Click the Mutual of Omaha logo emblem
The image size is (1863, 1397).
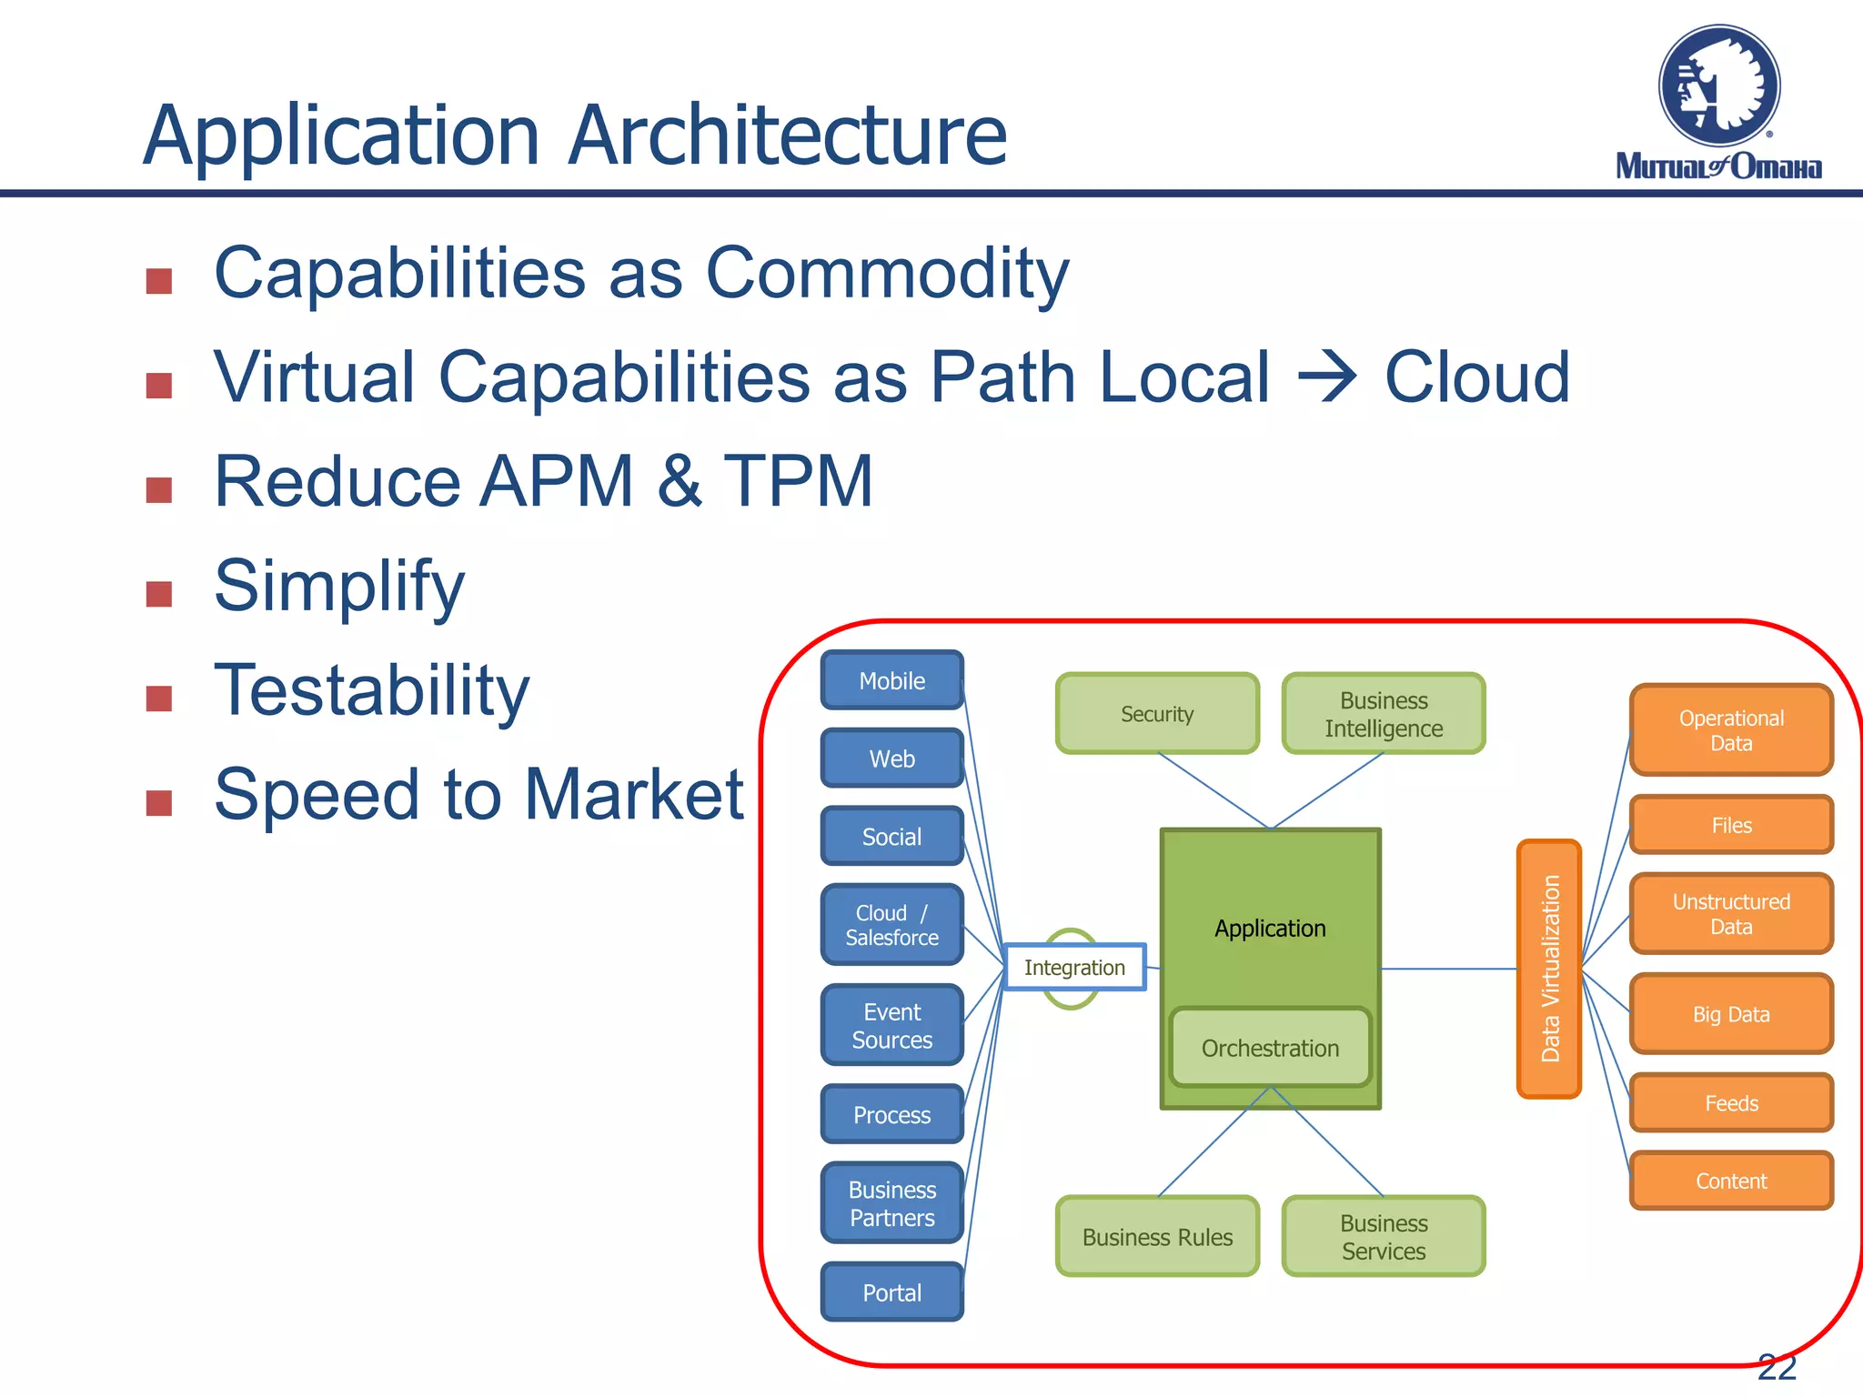point(1718,86)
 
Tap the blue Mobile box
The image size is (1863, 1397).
point(891,680)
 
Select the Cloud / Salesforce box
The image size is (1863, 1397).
point(891,925)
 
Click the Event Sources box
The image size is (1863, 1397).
point(891,1025)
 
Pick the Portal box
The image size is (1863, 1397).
point(891,1291)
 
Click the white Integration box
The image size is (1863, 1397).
point(1074,967)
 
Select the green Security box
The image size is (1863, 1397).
point(1157,714)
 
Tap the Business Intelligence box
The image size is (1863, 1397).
point(1383,714)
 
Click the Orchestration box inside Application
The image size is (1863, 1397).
point(1270,1048)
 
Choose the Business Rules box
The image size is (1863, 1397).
point(1157,1236)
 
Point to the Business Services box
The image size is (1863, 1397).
point(1383,1236)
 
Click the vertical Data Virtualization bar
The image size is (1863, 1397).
point(1549,969)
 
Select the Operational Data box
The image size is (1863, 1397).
point(1731,729)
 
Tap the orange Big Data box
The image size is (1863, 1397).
point(1731,1013)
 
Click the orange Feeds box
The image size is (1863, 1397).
point(1731,1102)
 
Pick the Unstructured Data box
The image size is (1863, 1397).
point(1731,913)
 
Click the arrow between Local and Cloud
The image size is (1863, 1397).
point(1327,377)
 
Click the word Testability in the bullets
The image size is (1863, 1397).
point(371,690)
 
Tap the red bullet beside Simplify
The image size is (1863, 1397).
point(159,594)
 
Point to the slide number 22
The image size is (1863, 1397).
point(1776,1366)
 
